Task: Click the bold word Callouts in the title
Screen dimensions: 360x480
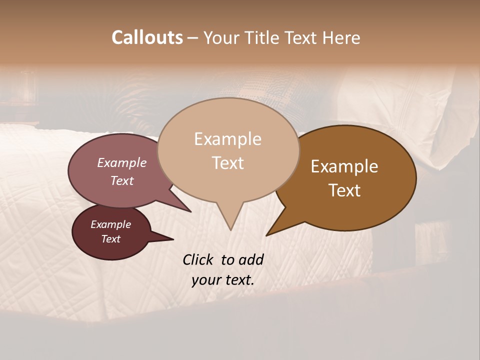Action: [x=147, y=37]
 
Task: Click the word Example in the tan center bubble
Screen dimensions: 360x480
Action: [x=227, y=139]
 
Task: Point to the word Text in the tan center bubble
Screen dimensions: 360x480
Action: [x=227, y=162]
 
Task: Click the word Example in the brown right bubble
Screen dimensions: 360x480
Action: [x=344, y=166]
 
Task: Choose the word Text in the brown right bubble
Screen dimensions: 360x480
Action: [x=344, y=190]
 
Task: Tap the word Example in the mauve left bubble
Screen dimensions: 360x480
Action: [x=122, y=162]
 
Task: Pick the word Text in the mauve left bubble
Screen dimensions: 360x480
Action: [x=122, y=180]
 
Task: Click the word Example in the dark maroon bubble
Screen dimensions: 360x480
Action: [x=111, y=224]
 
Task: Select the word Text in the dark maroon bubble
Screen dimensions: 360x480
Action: [x=111, y=239]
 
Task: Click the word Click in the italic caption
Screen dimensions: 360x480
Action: [x=198, y=259]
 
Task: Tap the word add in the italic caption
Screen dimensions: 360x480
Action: [x=251, y=259]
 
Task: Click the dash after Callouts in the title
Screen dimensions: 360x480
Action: [x=193, y=37]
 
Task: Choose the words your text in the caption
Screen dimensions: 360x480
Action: [x=223, y=279]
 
